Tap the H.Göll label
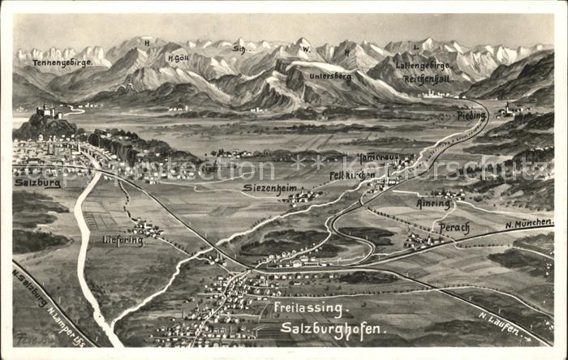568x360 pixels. click(179, 58)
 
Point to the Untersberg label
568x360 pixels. click(330, 76)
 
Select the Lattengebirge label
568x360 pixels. click(422, 65)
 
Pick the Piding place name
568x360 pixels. click(471, 116)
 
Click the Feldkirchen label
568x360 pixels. click(353, 174)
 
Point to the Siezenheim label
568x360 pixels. click(269, 187)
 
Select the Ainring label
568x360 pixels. click(433, 203)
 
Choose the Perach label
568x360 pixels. click(454, 228)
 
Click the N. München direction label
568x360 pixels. click(529, 223)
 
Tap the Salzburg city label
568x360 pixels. click(37, 182)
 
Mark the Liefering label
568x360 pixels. click(123, 239)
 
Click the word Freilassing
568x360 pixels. click(309, 308)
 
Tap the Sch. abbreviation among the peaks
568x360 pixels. click(239, 49)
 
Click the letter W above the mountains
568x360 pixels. click(307, 49)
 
